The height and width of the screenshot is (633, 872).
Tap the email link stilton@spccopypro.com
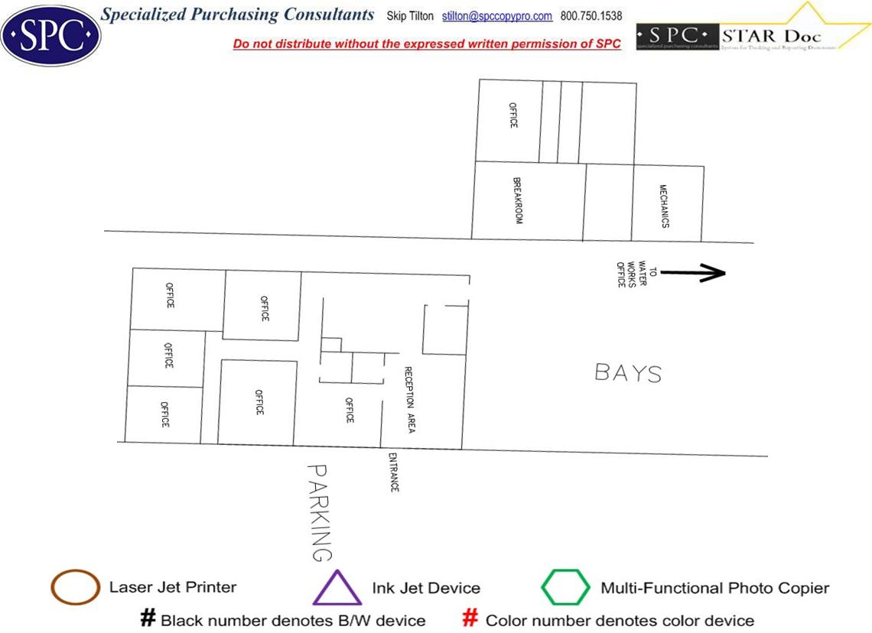(x=497, y=16)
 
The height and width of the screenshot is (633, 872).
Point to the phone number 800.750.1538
(x=591, y=16)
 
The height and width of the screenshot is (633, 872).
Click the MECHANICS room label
(x=665, y=206)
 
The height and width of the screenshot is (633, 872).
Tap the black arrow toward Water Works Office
(x=692, y=272)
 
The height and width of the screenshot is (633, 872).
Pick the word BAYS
(x=628, y=373)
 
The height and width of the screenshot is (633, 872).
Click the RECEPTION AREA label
(x=409, y=400)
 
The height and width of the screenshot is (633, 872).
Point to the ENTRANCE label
(x=393, y=472)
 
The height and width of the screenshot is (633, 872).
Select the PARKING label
(x=320, y=512)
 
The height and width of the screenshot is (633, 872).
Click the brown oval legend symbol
(x=75, y=588)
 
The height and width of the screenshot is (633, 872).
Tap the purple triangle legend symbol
(x=337, y=588)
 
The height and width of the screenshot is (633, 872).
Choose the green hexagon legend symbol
(x=566, y=587)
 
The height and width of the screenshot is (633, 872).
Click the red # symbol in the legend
(x=471, y=618)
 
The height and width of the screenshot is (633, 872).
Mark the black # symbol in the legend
(x=148, y=618)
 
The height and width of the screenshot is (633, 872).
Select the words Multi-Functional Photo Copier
(x=714, y=588)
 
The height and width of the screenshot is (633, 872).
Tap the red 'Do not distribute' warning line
(x=427, y=44)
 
